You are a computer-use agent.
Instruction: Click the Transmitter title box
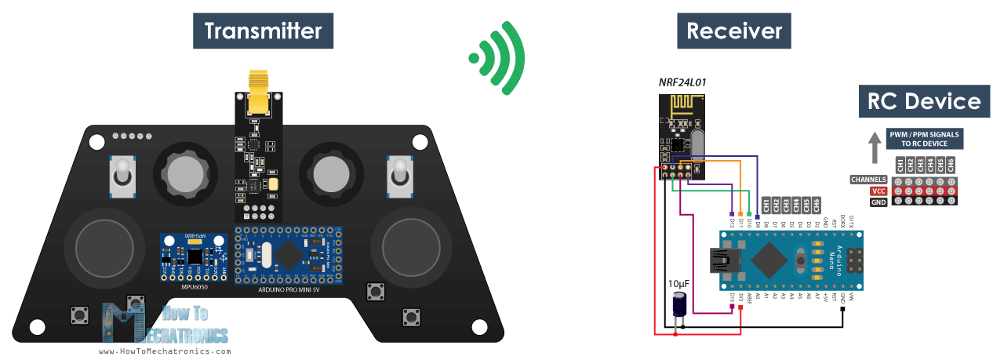click(x=263, y=31)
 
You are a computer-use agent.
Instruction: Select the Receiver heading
click(x=733, y=31)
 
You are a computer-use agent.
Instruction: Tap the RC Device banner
click(x=923, y=101)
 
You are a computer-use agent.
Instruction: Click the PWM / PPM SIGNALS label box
click(x=924, y=139)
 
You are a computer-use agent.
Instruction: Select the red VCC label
click(x=878, y=191)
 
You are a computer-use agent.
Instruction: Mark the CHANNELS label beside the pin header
click(x=868, y=180)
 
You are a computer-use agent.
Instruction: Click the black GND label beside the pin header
click(x=878, y=202)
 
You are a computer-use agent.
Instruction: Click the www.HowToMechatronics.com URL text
click(x=165, y=351)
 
